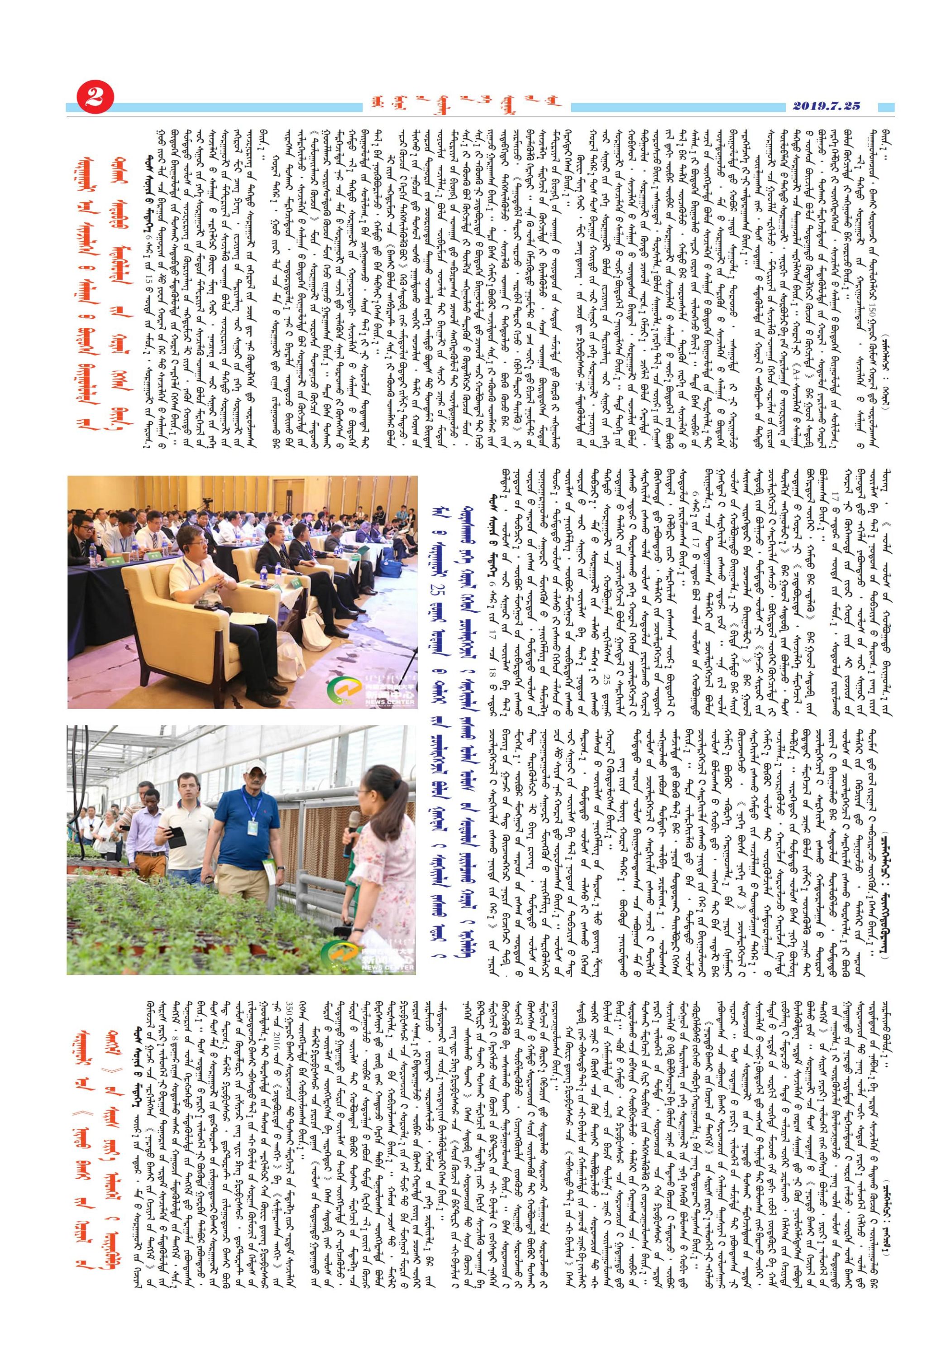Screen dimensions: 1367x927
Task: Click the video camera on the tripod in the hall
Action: point(206,504)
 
